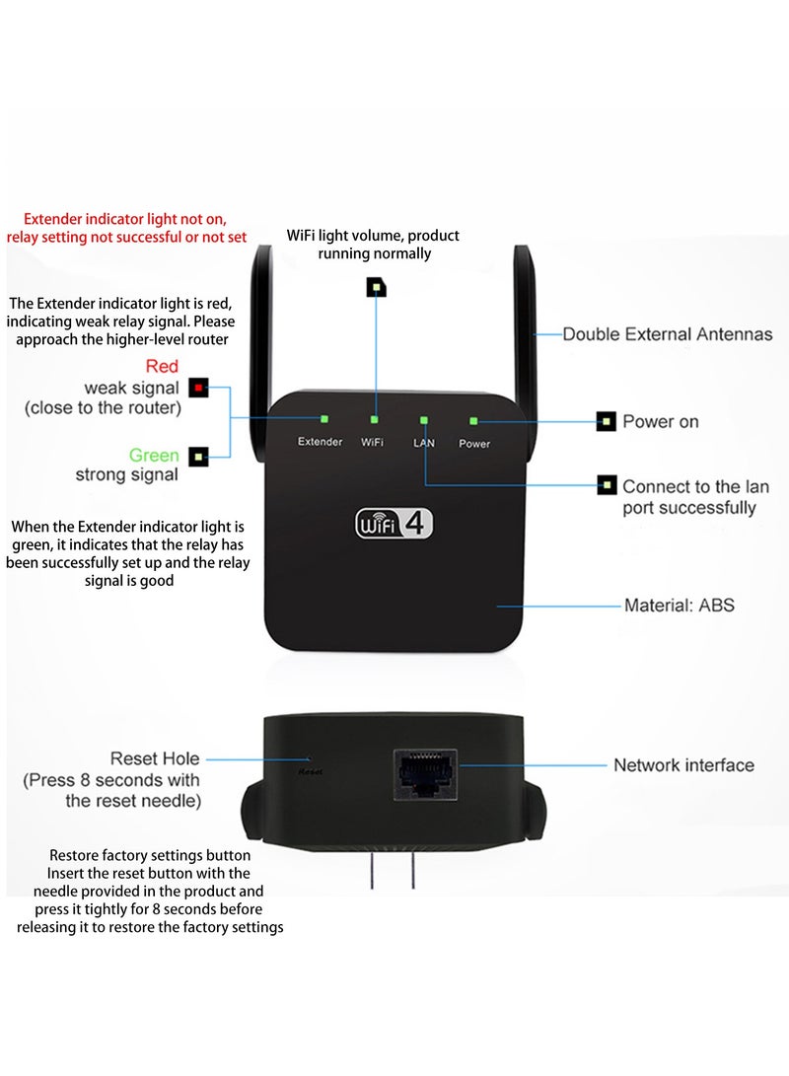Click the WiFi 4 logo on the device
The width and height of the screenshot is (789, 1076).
394,523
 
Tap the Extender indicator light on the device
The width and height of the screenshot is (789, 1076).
323,419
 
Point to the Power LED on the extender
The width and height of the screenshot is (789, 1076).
473,420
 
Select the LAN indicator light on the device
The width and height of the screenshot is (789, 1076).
424,420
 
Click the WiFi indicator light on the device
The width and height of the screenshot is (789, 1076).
374,420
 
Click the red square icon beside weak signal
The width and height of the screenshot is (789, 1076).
199,388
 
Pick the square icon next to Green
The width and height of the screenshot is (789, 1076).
199,457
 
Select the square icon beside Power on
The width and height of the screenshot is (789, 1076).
607,422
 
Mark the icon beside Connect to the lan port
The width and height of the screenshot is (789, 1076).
607,485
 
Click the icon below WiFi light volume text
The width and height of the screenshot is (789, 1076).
376,287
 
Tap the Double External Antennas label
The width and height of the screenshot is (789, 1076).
667,334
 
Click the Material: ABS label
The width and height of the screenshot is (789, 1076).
679,605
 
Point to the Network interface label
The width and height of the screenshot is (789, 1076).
683,765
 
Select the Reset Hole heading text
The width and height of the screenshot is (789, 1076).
154,758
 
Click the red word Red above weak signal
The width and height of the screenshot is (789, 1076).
162,367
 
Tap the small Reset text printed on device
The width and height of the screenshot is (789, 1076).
310,772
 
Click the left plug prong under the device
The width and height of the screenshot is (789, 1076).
372,873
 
